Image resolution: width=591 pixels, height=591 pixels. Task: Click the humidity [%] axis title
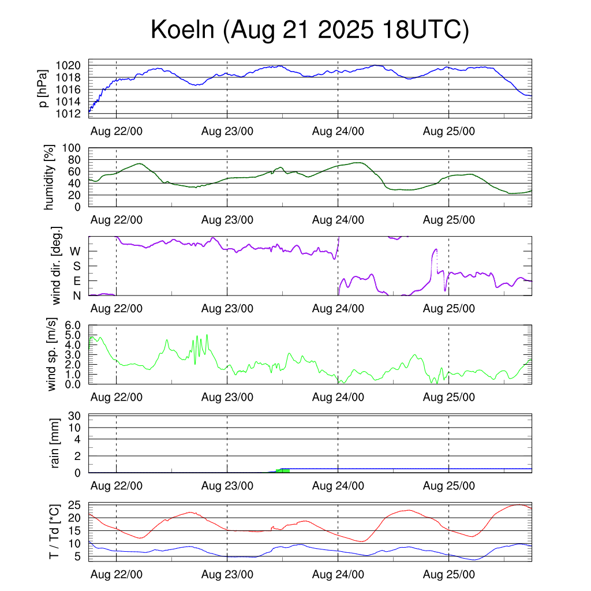tap(50, 177)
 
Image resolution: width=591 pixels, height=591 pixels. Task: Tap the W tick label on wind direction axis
tap(76, 251)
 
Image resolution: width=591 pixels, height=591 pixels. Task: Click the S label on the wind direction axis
tap(77, 266)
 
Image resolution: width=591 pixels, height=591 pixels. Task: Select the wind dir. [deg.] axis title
tap(57, 266)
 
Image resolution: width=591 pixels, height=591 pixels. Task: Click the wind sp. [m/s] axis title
tap(51, 354)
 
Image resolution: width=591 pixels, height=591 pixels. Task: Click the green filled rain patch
tap(282, 471)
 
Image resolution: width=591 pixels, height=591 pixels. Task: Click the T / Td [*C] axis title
tap(54, 532)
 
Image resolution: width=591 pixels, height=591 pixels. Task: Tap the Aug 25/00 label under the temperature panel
tap(449, 574)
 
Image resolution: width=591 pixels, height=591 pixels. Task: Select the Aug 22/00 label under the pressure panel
tap(117, 131)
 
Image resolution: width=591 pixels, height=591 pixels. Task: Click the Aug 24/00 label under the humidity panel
tap(338, 219)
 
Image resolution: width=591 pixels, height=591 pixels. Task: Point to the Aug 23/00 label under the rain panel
tap(227, 486)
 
